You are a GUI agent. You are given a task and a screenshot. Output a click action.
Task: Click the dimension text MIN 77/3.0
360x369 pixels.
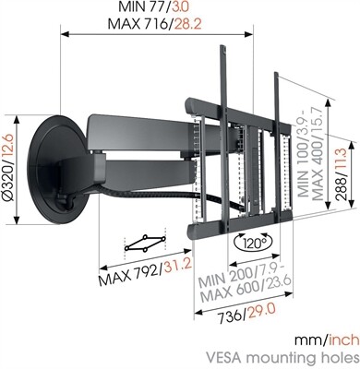tap(161, 7)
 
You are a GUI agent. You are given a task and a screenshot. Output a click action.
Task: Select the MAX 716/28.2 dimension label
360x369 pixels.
tap(161, 23)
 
